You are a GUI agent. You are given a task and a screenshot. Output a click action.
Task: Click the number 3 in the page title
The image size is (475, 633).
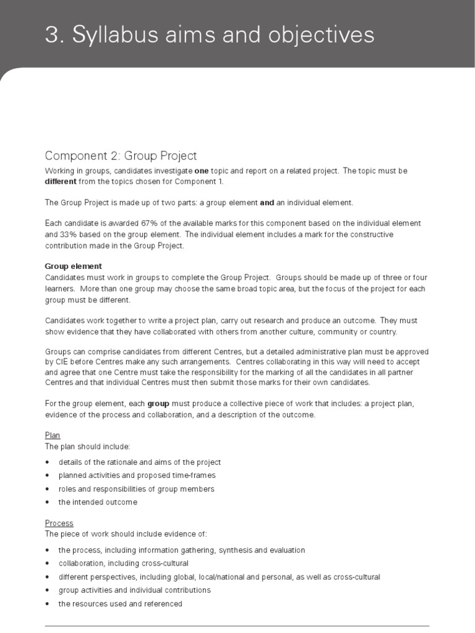coord(51,35)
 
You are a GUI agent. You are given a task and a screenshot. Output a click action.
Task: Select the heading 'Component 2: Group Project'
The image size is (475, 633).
coord(121,156)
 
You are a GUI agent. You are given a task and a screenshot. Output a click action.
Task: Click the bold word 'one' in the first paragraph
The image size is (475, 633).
coord(202,171)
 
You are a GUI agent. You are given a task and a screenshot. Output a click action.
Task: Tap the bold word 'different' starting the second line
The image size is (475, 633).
coord(61,182)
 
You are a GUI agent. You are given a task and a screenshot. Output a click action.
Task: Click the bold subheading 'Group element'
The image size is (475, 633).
coord(74,266)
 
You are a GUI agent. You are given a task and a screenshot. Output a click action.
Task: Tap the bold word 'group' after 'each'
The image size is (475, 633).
coord(158,404)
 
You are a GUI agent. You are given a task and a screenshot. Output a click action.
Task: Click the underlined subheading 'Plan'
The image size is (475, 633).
coord(53,436)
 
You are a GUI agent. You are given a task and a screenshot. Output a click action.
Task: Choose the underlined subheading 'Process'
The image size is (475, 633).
coord(59,524)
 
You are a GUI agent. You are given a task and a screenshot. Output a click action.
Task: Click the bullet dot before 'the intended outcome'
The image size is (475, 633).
coord(48,503)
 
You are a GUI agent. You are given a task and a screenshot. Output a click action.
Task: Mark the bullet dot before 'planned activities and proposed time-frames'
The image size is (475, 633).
coord(48,476)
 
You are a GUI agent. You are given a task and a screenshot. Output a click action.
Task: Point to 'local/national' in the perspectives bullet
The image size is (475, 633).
coord(225,577)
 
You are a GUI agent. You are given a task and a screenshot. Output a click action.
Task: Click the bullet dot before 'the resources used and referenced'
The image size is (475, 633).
coord(48,604)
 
